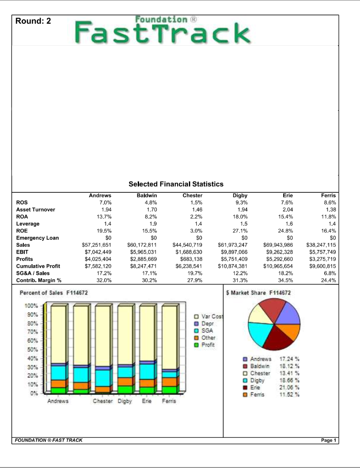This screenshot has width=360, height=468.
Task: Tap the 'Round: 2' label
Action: click(33, 21)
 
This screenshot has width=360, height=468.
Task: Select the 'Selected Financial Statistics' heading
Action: click(176, 184)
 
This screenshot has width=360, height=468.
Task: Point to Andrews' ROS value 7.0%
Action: click(105, 202)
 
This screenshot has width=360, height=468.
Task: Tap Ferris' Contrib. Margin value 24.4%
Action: click(328, 280)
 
